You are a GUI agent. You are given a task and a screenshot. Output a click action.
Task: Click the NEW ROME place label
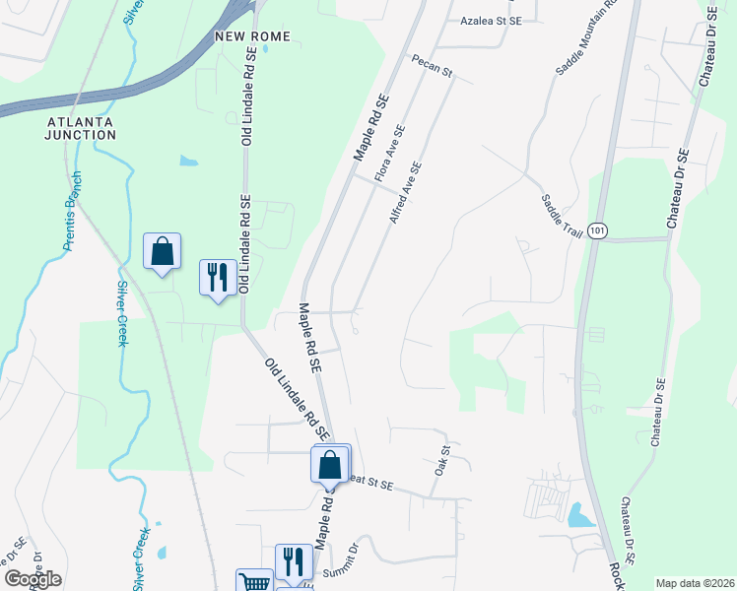pos(253,36)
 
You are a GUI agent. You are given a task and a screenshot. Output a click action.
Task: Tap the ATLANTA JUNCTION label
pos(80,128)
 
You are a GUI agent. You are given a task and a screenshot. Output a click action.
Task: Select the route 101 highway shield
pos(597,230)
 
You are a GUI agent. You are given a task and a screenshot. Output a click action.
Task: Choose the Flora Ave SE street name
pos(390,154)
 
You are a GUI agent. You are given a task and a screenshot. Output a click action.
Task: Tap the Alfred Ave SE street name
pos(405,192)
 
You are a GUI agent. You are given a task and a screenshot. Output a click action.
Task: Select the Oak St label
pos(441,461)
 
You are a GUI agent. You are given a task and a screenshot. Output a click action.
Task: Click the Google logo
pos(33,579)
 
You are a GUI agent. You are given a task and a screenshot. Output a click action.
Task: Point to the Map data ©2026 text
pos(695,583)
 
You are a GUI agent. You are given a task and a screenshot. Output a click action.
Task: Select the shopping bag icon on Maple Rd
pos(331,463)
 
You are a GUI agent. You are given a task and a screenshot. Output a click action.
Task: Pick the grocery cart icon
pos(254,582)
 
